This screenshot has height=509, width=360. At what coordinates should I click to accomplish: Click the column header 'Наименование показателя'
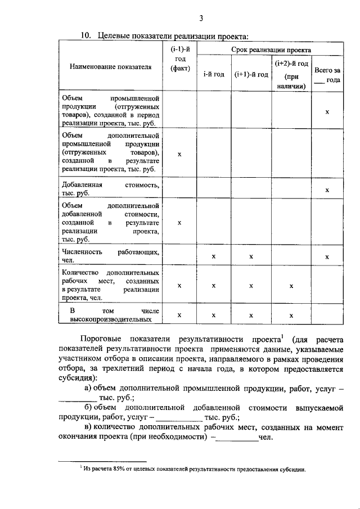(x=111, y=67)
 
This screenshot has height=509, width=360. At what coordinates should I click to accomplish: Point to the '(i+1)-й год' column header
(x=251, y=74)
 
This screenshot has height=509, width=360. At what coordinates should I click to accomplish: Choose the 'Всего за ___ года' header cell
(x=327, y=75)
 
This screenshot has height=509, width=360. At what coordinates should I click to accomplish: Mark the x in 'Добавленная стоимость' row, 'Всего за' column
(x=327, y=191)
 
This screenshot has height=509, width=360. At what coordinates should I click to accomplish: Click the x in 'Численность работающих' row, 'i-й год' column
(x=214, y=256)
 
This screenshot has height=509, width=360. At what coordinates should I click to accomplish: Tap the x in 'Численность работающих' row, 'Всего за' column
(x=327, y=257)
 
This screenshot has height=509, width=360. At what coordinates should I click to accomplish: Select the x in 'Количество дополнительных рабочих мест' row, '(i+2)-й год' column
(x=291, y=286)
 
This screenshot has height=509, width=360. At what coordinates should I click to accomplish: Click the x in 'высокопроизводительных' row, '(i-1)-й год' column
(x=179, y=316)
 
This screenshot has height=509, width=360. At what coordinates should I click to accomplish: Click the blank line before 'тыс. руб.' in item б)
(x=178, y=418)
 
